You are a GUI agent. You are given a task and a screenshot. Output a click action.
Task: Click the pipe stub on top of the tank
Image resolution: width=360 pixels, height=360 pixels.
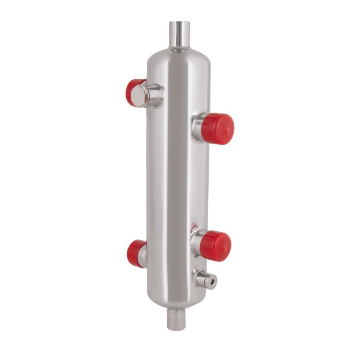pos(179,35)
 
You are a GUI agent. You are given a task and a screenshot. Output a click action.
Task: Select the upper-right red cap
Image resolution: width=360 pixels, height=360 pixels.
pos(217,128)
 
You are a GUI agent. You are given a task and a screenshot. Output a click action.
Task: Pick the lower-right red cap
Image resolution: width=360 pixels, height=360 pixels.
pos(215,246)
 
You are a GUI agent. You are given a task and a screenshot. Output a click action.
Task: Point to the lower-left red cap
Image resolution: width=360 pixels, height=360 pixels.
pos(135,254)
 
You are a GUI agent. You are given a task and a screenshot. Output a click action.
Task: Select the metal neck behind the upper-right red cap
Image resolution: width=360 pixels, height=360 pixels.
pos(198,126)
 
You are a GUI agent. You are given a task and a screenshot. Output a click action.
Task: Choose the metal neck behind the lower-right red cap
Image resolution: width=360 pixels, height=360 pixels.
pos(196,244)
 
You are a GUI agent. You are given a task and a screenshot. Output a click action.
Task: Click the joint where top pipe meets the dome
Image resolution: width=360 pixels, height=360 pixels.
pos(179,50)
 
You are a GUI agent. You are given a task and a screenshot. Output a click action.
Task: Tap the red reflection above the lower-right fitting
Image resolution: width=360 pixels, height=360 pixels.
pos(193,228)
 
